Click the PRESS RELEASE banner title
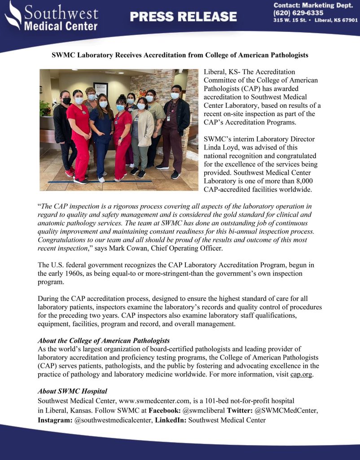183,17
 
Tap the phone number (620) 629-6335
298,13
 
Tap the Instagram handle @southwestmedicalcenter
111,420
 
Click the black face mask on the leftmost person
66,101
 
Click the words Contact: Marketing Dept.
306,5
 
